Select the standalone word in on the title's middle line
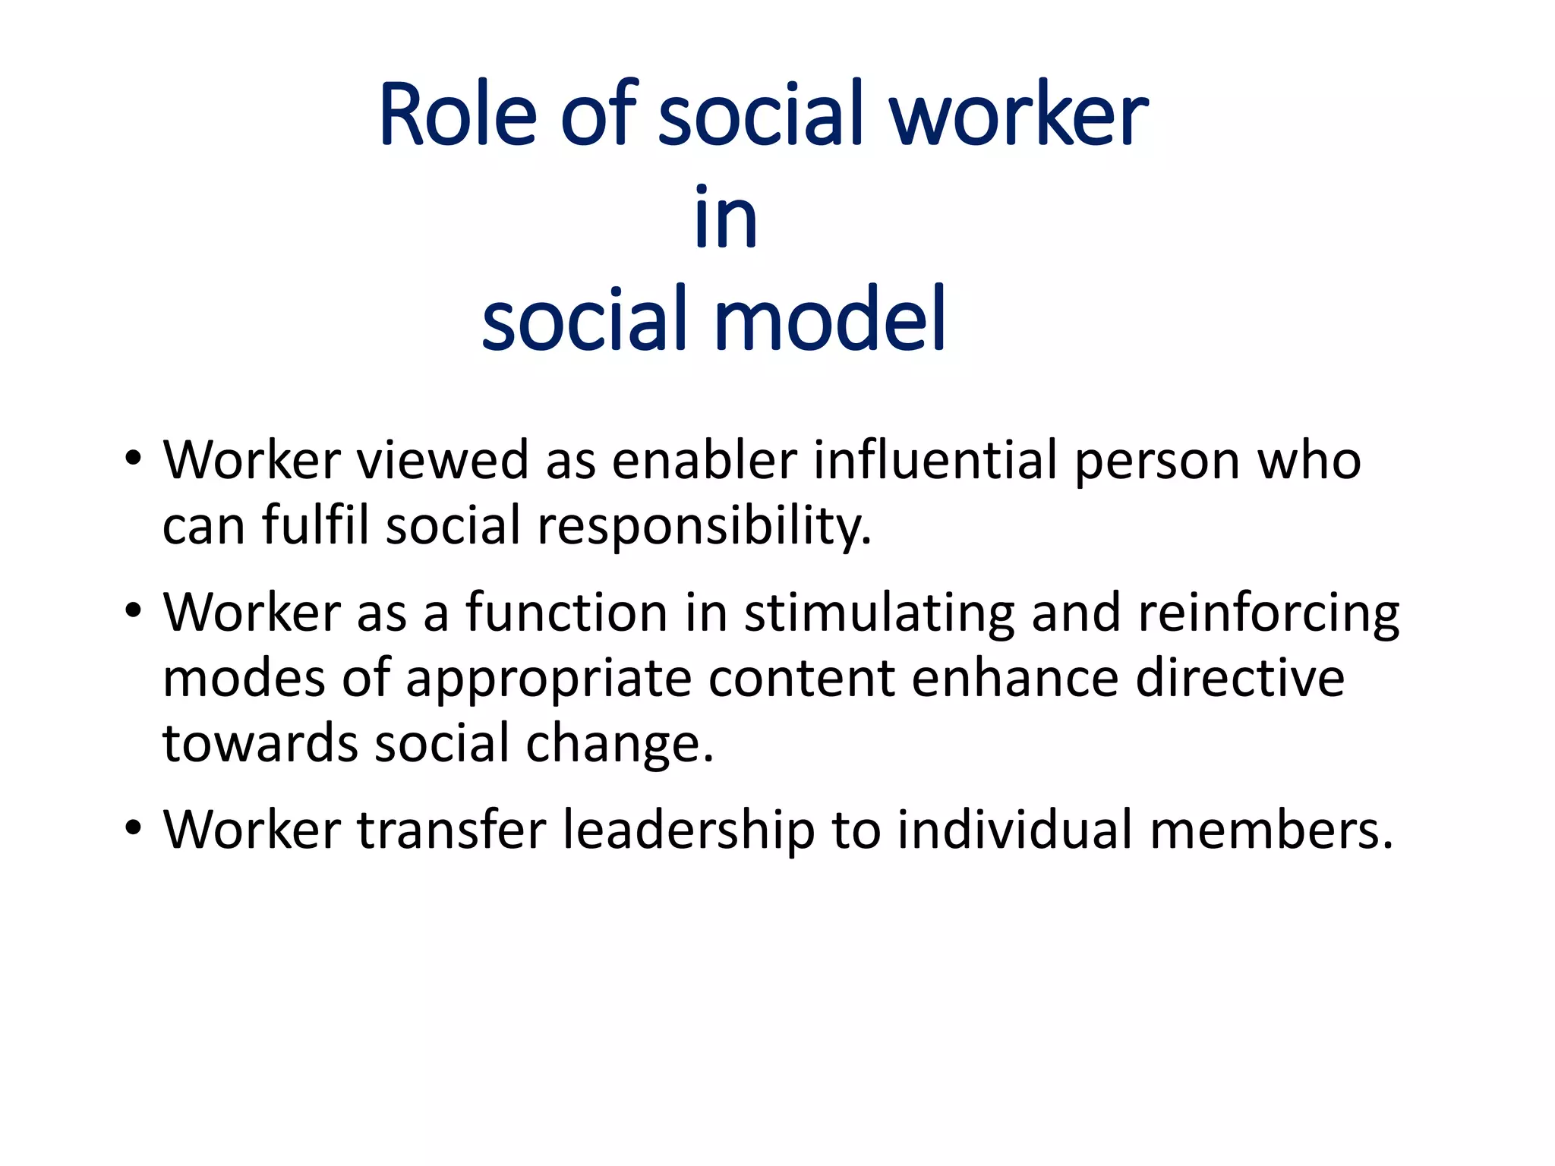click(726, 218)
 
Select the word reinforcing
click(1268, 613)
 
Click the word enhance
click(1014, 678)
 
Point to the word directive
click(1240, 678)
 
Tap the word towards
click(260, 743)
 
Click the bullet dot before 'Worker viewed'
click(134, 459)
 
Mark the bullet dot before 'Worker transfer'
click(134, 827)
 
